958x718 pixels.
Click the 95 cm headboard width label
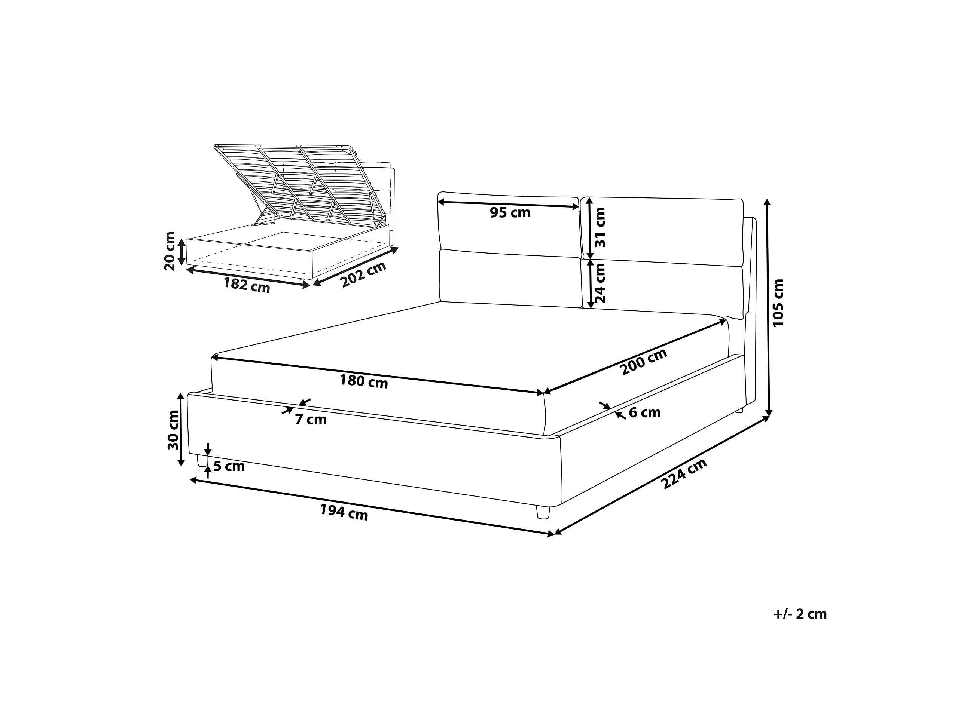(510, 212)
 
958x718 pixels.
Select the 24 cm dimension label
(600, 283)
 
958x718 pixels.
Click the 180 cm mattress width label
(364, 381)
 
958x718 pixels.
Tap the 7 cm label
(311, 419)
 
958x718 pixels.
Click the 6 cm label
(645, 412)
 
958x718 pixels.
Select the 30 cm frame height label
(173, 430)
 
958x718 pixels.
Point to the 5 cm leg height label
(229, 466)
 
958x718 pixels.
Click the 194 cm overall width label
(344, 512)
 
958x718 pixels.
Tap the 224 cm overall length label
(684, 473)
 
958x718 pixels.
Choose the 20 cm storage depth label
(170, 251)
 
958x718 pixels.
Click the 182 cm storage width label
(247, 285)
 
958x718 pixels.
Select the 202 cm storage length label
(363, 274)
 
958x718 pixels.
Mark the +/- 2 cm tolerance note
(800, 614)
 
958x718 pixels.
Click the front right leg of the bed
(543, 512)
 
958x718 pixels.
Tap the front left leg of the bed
(201, 460)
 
